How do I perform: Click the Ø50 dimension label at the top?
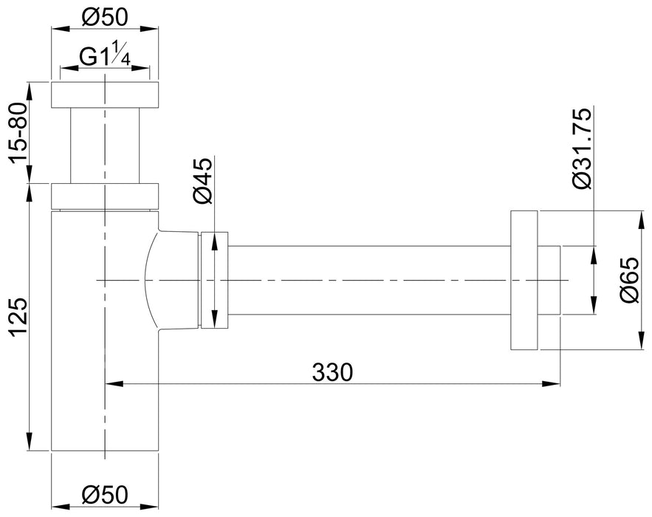[x=105, y=18]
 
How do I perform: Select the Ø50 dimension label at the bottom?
[x=105, y=495]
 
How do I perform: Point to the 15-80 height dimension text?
[x=18, y=132]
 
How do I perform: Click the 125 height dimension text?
[x=18, y=317]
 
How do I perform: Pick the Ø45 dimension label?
[x=203, y=180]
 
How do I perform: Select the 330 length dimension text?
[x=332, y=372]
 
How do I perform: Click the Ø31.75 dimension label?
[x=581, y=148]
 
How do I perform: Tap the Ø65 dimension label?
[x=628, y=280]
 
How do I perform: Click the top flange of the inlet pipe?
[x=105, y=95]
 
